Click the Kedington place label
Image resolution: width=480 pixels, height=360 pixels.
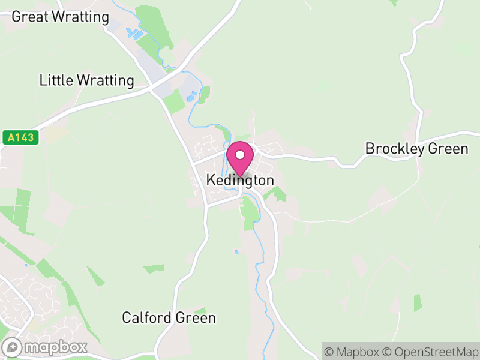pos(240,180)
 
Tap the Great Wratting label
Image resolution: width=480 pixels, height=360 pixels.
pos(60,16)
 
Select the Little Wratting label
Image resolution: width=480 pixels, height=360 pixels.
pos(86,80)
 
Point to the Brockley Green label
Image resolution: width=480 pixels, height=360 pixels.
pos(416,148)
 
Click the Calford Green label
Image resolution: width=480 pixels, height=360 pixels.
pos(169,317)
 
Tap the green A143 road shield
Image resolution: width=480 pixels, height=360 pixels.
pos(20,137)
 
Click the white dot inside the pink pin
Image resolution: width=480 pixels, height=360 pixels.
pos(240,155)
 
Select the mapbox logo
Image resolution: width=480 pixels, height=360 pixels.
pos(45,347)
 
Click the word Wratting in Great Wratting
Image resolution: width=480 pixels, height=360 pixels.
pos(80,16)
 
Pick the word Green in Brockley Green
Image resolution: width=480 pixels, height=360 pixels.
pos(449,148)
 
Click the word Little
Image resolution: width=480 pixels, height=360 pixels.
pos(55,80)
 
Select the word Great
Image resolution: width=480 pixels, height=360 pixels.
pos(29,16)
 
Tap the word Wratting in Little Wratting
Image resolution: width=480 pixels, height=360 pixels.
pos(104,80)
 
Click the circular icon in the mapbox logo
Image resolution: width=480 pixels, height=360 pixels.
pos(13,347)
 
